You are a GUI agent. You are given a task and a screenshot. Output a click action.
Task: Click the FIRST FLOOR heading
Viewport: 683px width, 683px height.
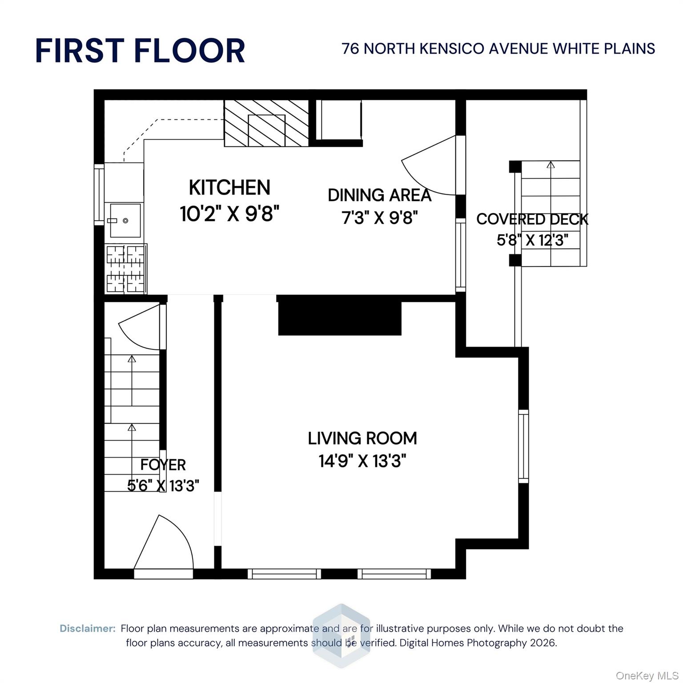(x=140, y=50)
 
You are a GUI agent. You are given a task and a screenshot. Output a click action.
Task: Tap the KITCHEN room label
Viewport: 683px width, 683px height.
(x=229, y=187)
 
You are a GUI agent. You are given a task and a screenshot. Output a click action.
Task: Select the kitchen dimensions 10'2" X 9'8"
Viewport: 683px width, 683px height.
(x=229, y=214)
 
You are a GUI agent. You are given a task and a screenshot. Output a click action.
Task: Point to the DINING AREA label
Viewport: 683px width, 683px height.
(x=379, y=195)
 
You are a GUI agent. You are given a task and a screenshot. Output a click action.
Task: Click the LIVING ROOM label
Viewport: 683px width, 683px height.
(x=362, y=438)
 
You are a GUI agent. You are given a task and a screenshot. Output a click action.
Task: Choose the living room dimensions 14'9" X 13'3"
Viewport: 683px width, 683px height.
(x=362, y=461)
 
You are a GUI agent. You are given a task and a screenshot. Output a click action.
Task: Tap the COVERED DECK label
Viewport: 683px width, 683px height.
(x=532, y=219)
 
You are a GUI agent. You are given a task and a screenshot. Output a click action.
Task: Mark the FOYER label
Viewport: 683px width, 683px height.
(x=163, y=465)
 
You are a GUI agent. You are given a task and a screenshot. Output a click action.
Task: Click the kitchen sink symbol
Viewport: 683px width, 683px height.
(x=125, y=220)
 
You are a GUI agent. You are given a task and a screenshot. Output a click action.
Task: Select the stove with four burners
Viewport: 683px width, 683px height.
(x=126, y=269)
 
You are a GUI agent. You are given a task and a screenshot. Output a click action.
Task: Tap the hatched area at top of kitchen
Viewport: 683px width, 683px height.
(x=266, y=123)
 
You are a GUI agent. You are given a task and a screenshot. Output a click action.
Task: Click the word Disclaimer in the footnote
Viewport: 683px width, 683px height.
(x=88, y=629)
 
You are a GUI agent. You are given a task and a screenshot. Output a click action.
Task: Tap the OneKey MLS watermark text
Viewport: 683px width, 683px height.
(x=647, y=676)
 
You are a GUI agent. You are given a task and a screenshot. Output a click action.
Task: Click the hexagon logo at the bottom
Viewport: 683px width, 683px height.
(x=341, y=636)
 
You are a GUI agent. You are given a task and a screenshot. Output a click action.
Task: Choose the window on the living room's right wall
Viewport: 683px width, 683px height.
(x=524, y=446)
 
